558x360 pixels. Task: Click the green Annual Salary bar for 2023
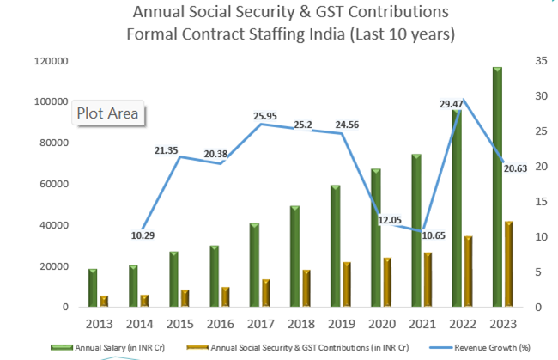click(497, 187)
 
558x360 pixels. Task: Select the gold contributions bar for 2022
click(468, 272)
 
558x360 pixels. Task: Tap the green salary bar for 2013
click(93, 288)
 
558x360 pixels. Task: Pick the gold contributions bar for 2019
click(347, 284)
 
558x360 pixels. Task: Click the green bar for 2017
click(254, 265)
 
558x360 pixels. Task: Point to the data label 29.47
click(451, 104)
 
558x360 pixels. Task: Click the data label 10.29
click(143, 235)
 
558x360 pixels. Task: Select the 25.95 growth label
click(265, 116)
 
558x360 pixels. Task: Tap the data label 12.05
click(390, 220)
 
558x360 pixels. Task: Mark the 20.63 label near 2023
click(515, 168)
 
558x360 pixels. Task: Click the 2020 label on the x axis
click(382, 324)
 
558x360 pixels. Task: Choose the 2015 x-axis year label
click(180, 324)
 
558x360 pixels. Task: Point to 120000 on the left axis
click(52, 61)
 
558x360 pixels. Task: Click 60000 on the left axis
click(54, 184)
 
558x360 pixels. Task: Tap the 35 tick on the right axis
click(541, 61)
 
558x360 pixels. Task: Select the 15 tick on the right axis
click(541, 202)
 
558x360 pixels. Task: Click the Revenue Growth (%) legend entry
click(480, 347)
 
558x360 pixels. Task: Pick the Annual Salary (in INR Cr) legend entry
click(108, 347)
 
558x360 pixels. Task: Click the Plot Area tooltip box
click(108, 113)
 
